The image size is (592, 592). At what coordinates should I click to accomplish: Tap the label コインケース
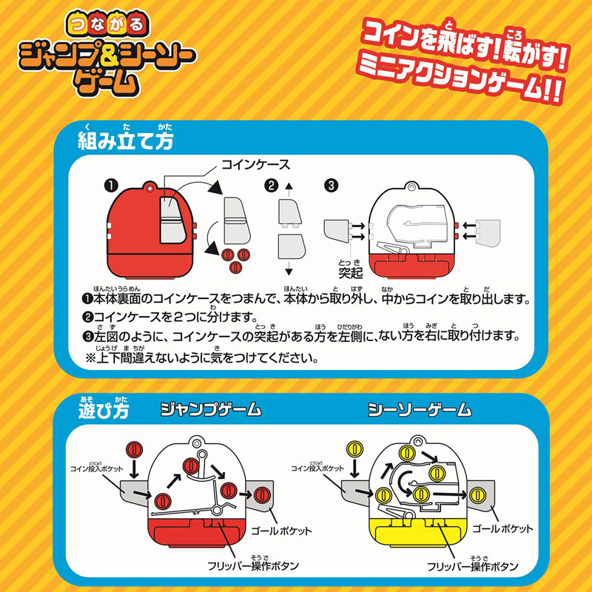255,164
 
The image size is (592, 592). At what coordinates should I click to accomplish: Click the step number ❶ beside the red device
112,186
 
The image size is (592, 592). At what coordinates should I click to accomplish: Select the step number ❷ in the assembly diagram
272,186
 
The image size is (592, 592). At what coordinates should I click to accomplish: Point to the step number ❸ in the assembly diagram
331,186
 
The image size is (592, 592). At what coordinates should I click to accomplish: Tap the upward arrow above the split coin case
289,189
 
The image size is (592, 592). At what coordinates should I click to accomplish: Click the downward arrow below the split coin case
289,268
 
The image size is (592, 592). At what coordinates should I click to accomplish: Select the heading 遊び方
104,408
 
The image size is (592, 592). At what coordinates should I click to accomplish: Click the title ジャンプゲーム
211,410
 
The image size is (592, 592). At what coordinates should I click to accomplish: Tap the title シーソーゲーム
420,410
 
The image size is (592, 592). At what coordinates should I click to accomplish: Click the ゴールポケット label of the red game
282,531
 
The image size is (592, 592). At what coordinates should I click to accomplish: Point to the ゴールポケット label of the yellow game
502,529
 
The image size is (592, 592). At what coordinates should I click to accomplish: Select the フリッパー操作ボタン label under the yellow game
473,565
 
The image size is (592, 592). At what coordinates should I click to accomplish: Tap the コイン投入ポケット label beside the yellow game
317,468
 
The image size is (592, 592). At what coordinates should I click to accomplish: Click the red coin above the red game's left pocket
134,451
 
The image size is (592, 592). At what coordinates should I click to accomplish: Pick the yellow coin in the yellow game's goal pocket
477,495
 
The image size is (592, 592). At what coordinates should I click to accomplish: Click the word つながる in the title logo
107,24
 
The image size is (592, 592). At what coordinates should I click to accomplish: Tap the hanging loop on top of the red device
150,187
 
